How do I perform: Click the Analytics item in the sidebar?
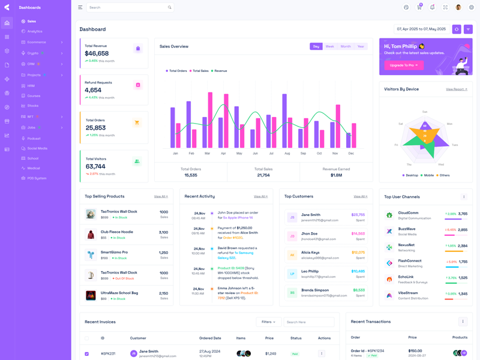pos(35,31)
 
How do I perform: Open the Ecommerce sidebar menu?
pos(37,42)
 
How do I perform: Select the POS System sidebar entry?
pos(37,178)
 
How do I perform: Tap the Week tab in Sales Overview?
pos(329,46)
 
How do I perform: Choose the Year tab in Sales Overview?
pos(361,46)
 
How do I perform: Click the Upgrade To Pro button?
pos(403,65)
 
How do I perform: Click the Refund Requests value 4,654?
pos(93,90)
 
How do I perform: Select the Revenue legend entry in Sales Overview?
pos(220,71)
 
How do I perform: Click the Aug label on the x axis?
pos(287,154)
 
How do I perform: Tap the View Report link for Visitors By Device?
pos(456,89)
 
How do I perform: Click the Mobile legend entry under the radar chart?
pos(428,175)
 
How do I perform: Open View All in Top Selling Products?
pos(160,196)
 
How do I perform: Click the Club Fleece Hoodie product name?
pos(117,232)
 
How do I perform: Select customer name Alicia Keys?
pos(310,253)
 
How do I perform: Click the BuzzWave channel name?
pos(407,229)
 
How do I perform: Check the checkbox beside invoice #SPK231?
pos(87,354)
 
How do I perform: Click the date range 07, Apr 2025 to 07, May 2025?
pos(421,29)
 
